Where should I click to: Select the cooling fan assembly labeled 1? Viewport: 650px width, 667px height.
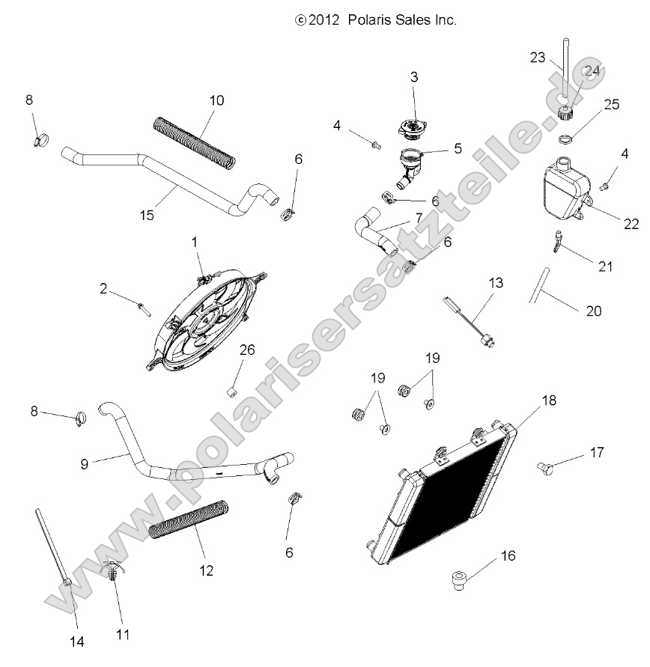pos(206,322)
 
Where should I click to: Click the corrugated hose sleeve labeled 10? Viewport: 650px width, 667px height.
pos(194,140)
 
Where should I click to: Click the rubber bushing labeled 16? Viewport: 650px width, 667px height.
pos(458,581)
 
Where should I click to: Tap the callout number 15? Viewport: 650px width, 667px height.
pos(147,215)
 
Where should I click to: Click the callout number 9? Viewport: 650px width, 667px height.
pos(85,463)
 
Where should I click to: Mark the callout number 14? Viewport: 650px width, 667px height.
pos(76,641)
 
